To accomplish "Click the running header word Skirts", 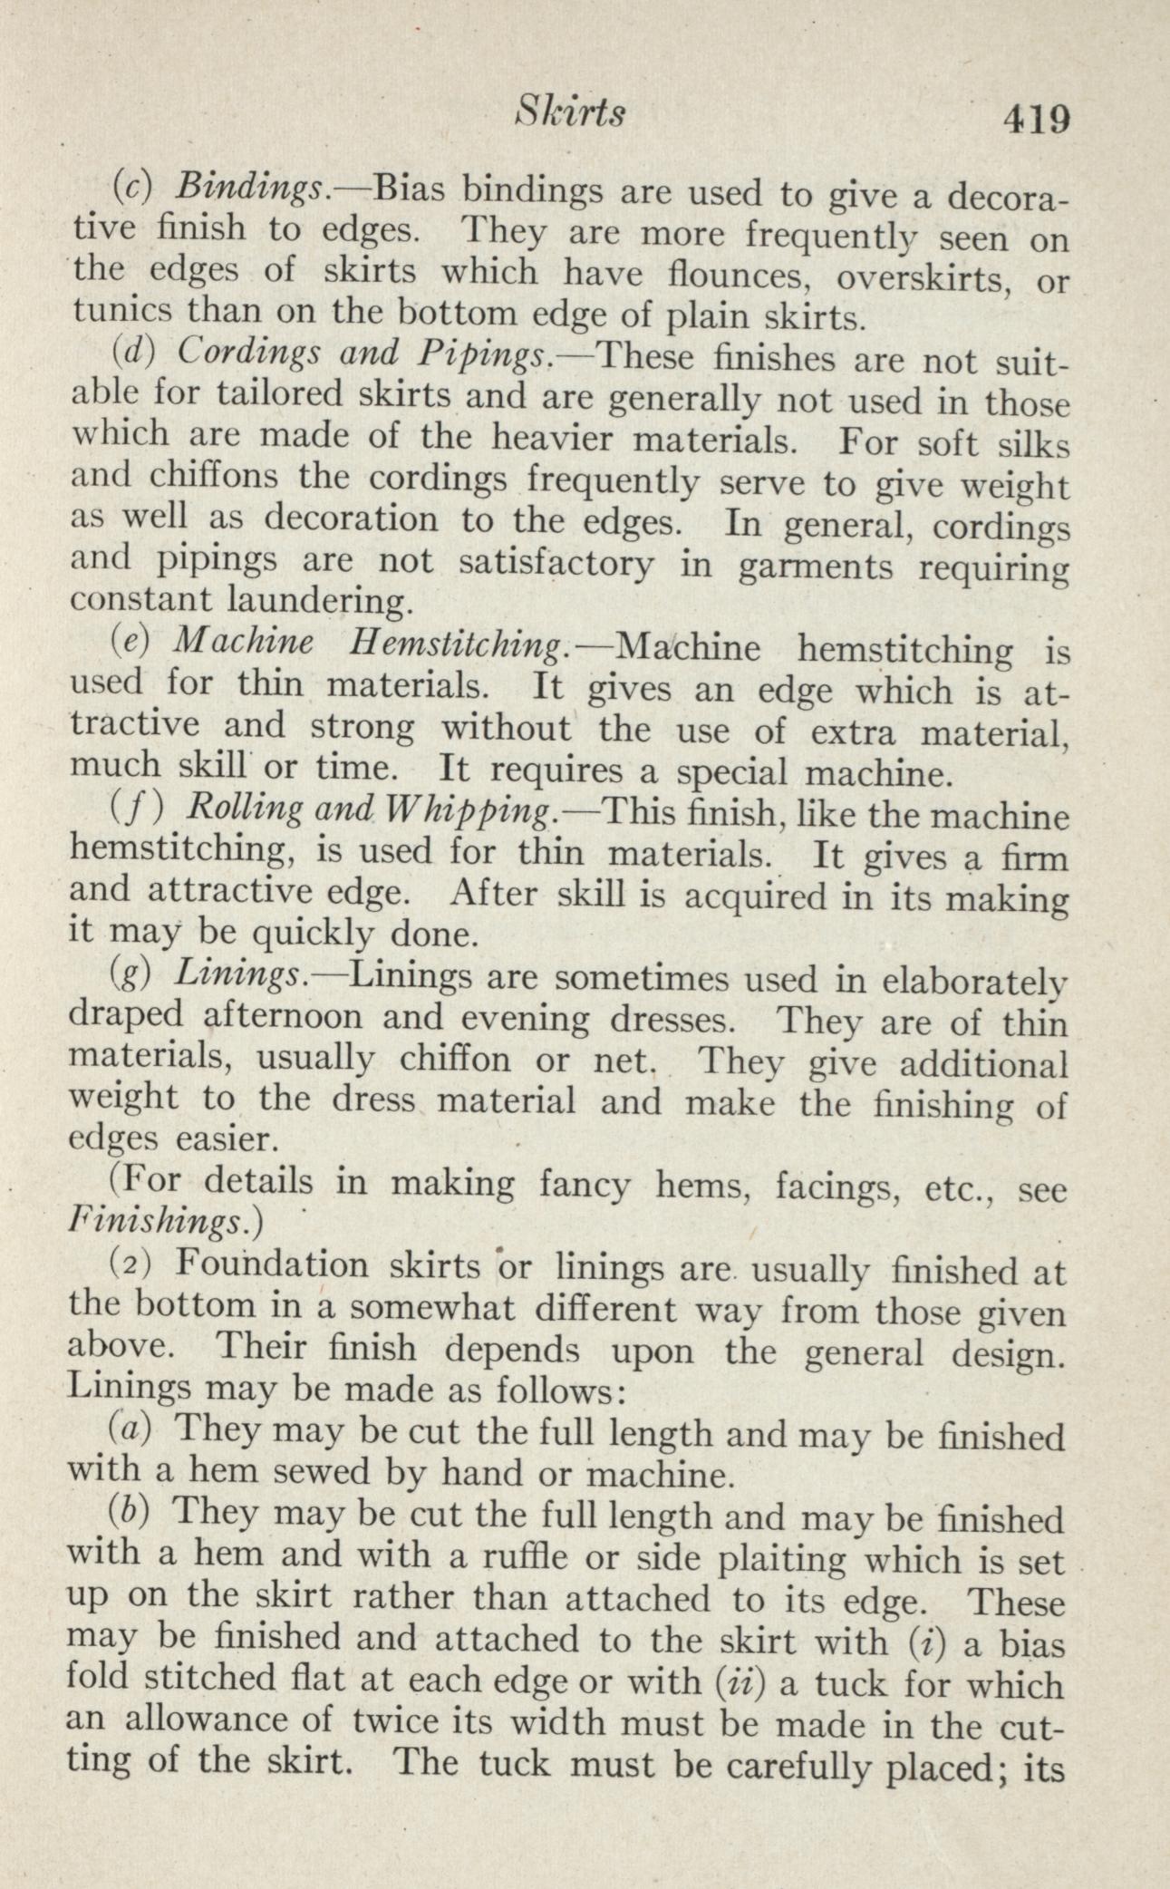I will point(569,111).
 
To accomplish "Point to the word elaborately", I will point(974,983).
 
